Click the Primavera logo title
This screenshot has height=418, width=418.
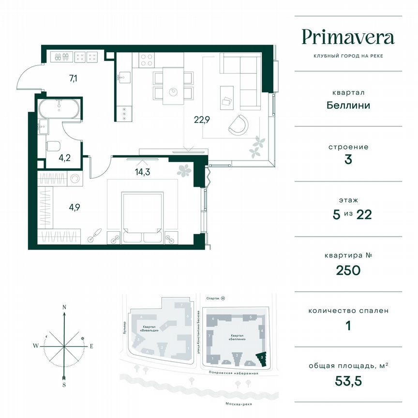coord(348,37)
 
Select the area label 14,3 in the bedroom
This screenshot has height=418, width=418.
coord(143,170)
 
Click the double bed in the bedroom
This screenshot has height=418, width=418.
coord(142,216)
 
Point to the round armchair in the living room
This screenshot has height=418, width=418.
coord(238,124)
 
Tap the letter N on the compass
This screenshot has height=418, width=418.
coord(64,307)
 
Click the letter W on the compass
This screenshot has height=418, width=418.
coord(36,346)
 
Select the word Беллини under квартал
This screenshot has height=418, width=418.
coord(348,105)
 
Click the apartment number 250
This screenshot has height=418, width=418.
coord(348,270)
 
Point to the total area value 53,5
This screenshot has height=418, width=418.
coord(348,380)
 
